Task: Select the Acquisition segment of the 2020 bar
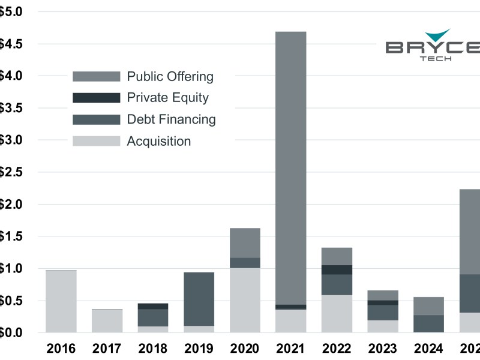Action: pyautogui.click(x=245, y=300)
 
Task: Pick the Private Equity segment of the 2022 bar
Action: pyautogui.click(x=337, y=270)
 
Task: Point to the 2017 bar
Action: pyautogui.click(x=107, y=321)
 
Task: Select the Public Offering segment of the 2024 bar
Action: pyautogui.click(x=429, y=306)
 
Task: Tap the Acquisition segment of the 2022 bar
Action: pyautogui.click(x=337, y=314)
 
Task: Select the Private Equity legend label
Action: pyautogui.click(x=168, y=97)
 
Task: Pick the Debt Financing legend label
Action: pyautogui.click(x=171, y=119)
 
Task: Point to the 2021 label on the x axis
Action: pyautogui.click(x=290, y=349)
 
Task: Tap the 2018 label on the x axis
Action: pyautogui.click(x=152, y=349)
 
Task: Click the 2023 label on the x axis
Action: pyautogui.click(x=383, y=349)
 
